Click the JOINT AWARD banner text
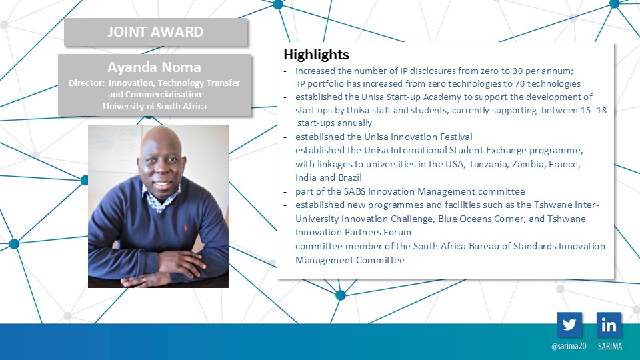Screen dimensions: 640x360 [x=155, y=32]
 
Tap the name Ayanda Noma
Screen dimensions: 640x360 [x=154, y=67]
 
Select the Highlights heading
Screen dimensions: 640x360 [x=316, y=54]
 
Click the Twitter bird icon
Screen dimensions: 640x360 [x=569, y=325]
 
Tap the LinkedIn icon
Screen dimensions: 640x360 [x=609, y=325]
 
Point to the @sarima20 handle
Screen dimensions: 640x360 [x=569, y=346]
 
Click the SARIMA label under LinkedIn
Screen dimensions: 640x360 [x=610, y=346]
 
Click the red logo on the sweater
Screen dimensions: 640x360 [x=185, y=227]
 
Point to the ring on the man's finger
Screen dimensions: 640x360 [x=143, y=279]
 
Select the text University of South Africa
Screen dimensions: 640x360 [x=155, y=107]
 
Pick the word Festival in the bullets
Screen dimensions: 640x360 [x=456, y=137]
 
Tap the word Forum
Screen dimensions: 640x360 [x=399, y=232]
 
